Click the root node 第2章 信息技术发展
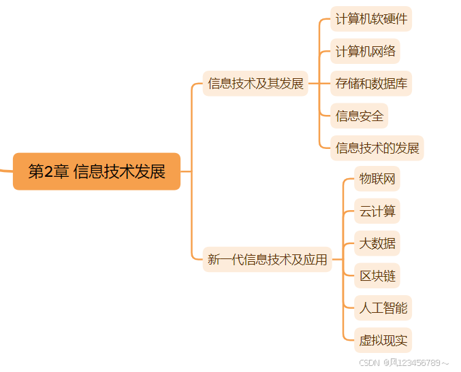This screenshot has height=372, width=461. pos(97,171)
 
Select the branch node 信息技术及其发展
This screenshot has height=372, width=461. pos(255,84)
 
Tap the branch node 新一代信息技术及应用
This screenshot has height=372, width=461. pos(267,259)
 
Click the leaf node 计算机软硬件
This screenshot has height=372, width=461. pos(371,19)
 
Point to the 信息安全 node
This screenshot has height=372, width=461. pos(360,116)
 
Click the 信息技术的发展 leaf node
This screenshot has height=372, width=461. pos(377,148)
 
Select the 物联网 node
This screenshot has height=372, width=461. pos(377,179)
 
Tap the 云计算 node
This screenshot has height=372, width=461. pos(377,211)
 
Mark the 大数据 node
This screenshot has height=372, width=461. pos(377,243)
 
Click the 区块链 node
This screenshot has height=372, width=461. pos(377,275)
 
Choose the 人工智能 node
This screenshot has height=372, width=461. pos(383,307)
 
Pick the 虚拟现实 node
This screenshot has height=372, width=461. pos(383,339)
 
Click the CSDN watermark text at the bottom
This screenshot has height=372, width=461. pos(368,362)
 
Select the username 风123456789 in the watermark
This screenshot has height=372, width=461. pos(415,362)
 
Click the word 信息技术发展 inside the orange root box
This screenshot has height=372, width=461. pos(119,171)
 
